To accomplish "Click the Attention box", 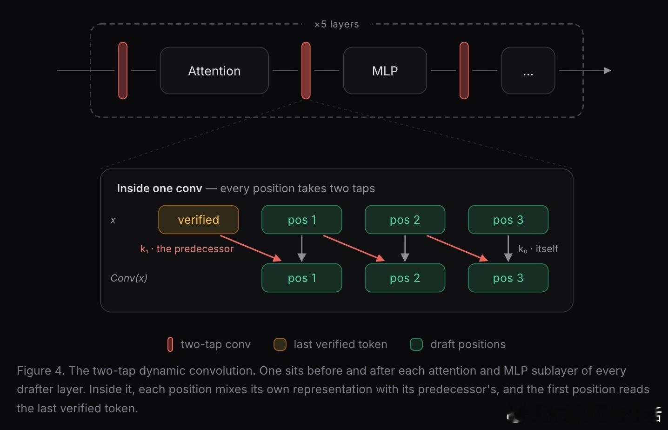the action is coord(214,71).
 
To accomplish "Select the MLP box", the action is coord(385,71).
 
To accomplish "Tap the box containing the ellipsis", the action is coord(528,71).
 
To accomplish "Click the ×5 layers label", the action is coord(337,24).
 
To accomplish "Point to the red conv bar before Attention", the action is coord(123,70).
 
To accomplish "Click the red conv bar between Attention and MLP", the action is coord(306,70).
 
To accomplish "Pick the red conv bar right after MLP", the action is coord(464,70).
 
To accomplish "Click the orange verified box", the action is coord(199,220).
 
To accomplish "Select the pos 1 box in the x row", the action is coord(302,220).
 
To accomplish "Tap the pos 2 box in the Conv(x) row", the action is coord(405,278).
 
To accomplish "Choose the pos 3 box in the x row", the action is coord(508,220).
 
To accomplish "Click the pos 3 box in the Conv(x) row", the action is coord(508,278).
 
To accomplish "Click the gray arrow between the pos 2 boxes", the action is coord(405,249).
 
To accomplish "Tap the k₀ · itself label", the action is coord(538,249).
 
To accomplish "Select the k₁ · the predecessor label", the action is coord(187,249).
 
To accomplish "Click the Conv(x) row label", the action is coord(129,278).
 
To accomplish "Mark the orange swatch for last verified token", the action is coord(280,344).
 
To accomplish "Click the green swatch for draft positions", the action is coord(416,344).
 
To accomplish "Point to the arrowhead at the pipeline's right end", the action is coord(608,71).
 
